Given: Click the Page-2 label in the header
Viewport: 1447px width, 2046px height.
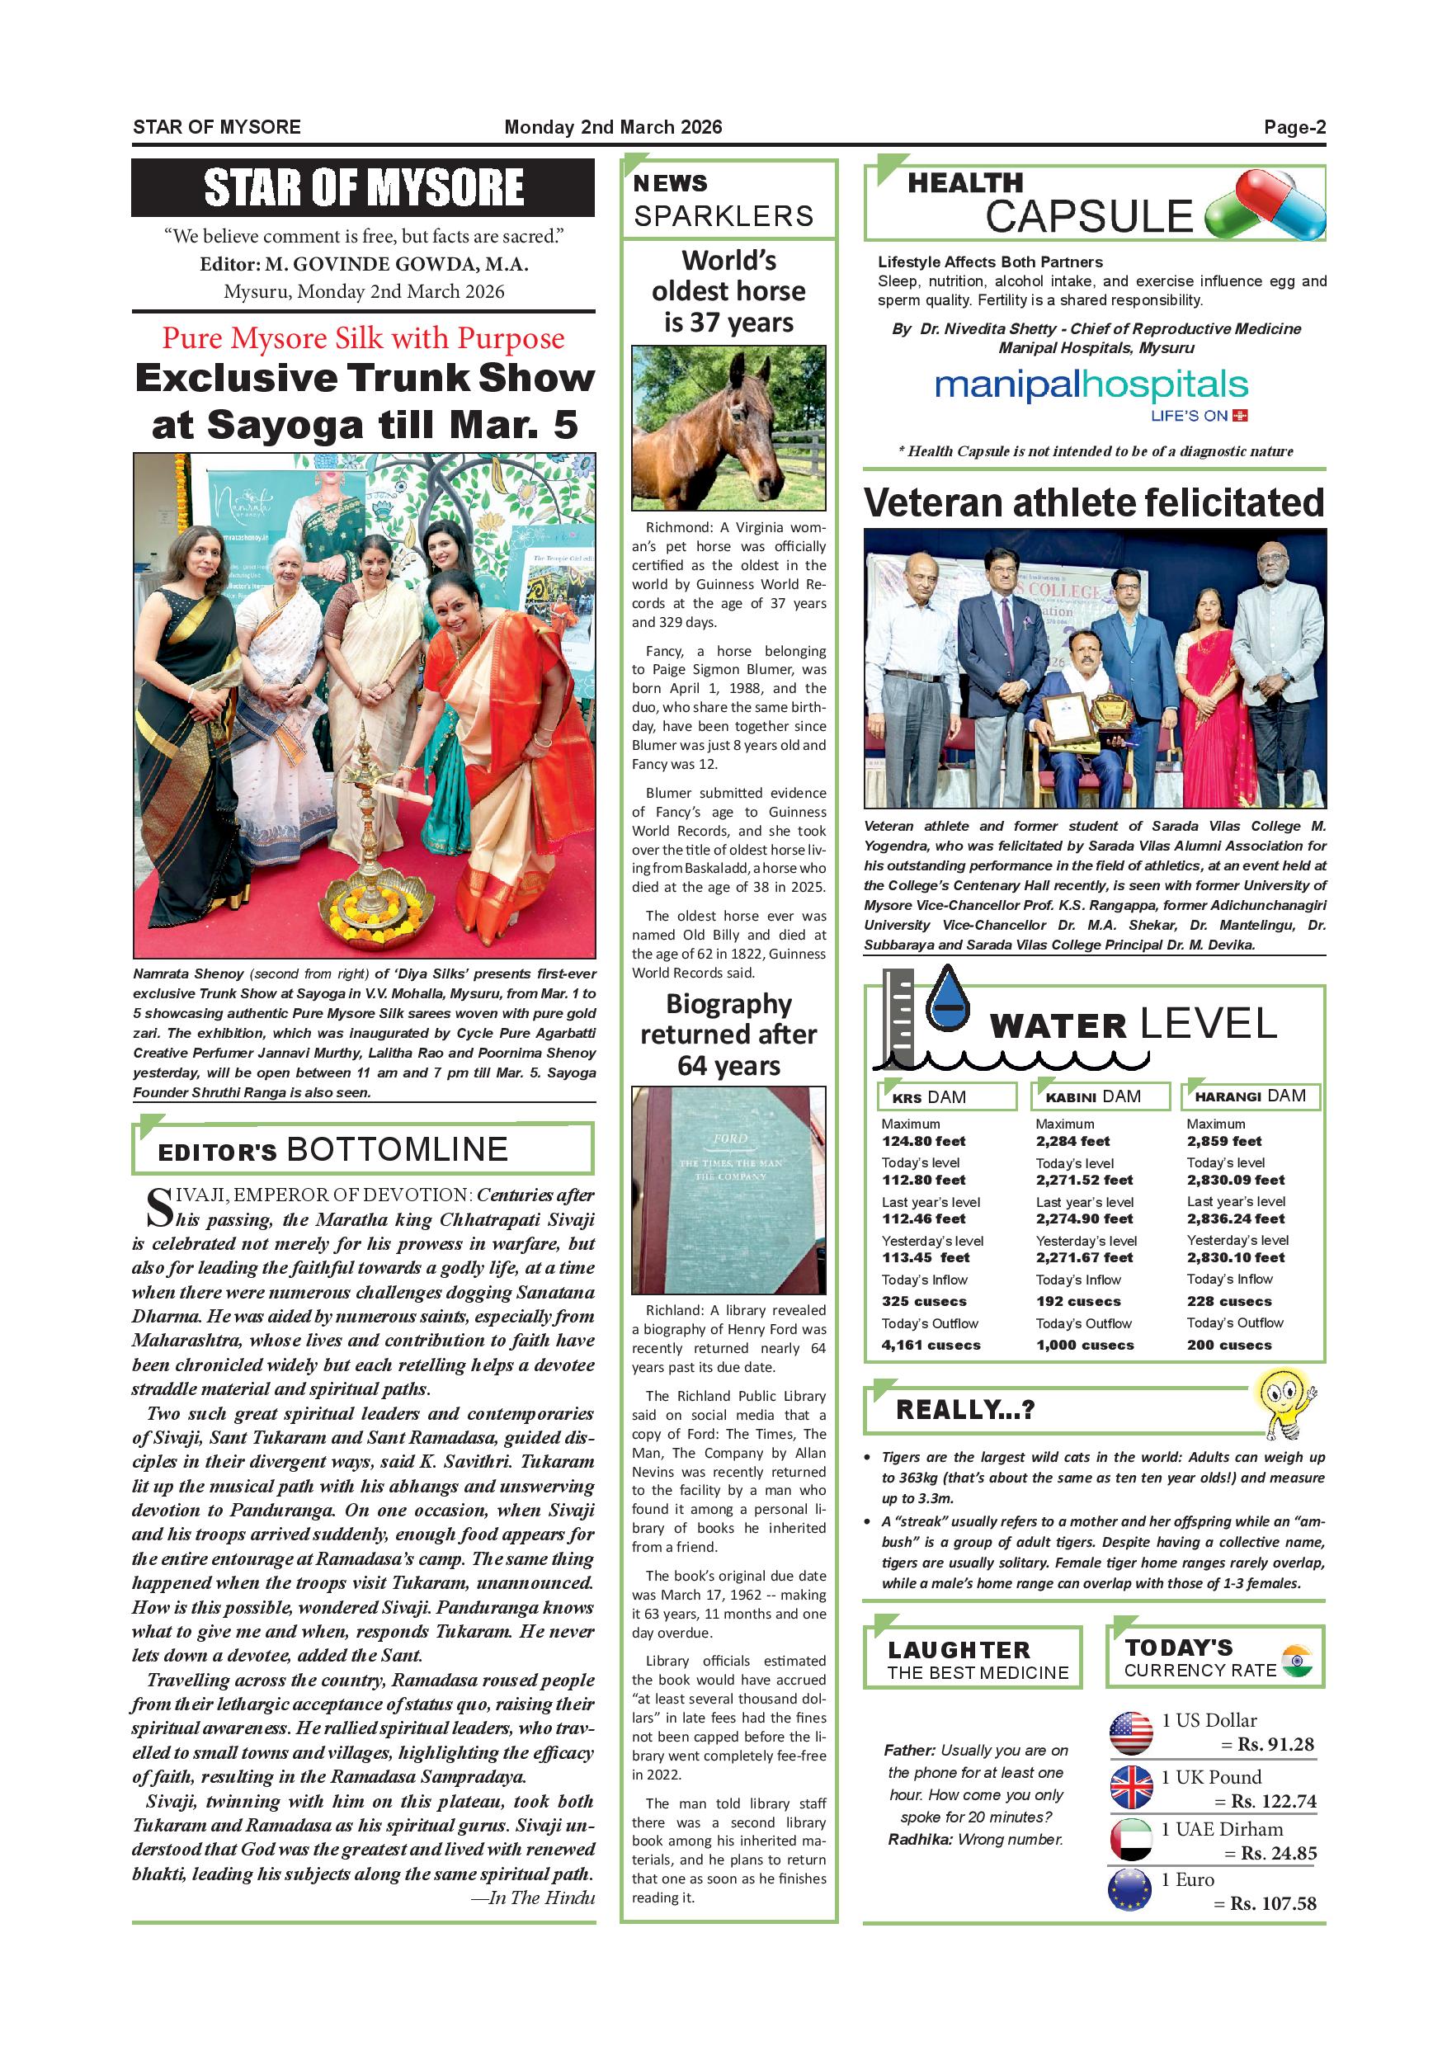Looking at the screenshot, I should pyautogui.click(x=1294, y=127).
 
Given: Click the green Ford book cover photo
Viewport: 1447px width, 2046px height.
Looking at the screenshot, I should pyautogui.click(x=728, y=1190).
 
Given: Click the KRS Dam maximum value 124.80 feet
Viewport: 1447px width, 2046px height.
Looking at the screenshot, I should pyautogui.click(x=923, y=1142).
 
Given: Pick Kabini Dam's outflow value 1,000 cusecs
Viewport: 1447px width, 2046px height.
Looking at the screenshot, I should pyautogui.click(x=1084, y=1345).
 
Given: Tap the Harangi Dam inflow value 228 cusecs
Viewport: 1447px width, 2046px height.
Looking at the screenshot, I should pyautogui.click(x=1228, y=1301).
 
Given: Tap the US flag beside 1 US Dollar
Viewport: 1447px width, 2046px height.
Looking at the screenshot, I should pyautogui.click(x=1131, y=1733).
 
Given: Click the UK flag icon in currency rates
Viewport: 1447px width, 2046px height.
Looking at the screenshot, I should pyautogui.click(x=1131, y=1788).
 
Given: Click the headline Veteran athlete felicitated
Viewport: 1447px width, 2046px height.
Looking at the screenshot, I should pyautogui.click(x=1093, y=503).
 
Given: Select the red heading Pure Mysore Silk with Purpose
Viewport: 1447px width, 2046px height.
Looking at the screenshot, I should pyautogui.click(x=363, y=338).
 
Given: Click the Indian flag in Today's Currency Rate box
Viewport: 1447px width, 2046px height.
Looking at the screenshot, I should pyautogui.click(x=1298, y=1661).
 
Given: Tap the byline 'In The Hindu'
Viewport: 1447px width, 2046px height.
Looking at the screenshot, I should pyautogui.click(x=533, y=1898).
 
